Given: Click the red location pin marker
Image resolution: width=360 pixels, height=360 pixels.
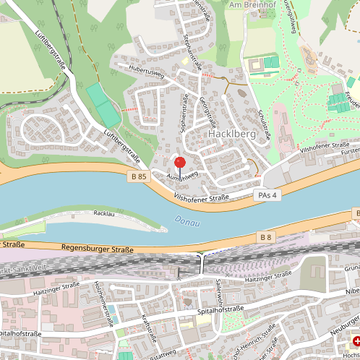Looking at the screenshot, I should [x=180, y=163].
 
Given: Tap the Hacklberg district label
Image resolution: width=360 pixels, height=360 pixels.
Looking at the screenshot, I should [x=228, y=134].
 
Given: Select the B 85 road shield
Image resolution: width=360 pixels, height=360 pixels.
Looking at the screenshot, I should [x=140, y=176].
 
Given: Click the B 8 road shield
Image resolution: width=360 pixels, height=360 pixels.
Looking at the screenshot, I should [x=265, y=236].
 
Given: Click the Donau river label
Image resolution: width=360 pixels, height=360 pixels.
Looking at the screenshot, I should [x=187, y=222].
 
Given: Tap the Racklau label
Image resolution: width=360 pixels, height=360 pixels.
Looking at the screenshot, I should [x=105, y=214].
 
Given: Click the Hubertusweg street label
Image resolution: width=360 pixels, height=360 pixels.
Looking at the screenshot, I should [x=147, y=74].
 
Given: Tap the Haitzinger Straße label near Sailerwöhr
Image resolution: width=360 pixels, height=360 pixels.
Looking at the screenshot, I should [x=267, y=277].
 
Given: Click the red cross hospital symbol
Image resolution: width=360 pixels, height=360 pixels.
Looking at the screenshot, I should [x=355, y=340].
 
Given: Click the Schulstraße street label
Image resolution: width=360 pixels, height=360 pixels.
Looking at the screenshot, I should [x=263, y=124].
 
